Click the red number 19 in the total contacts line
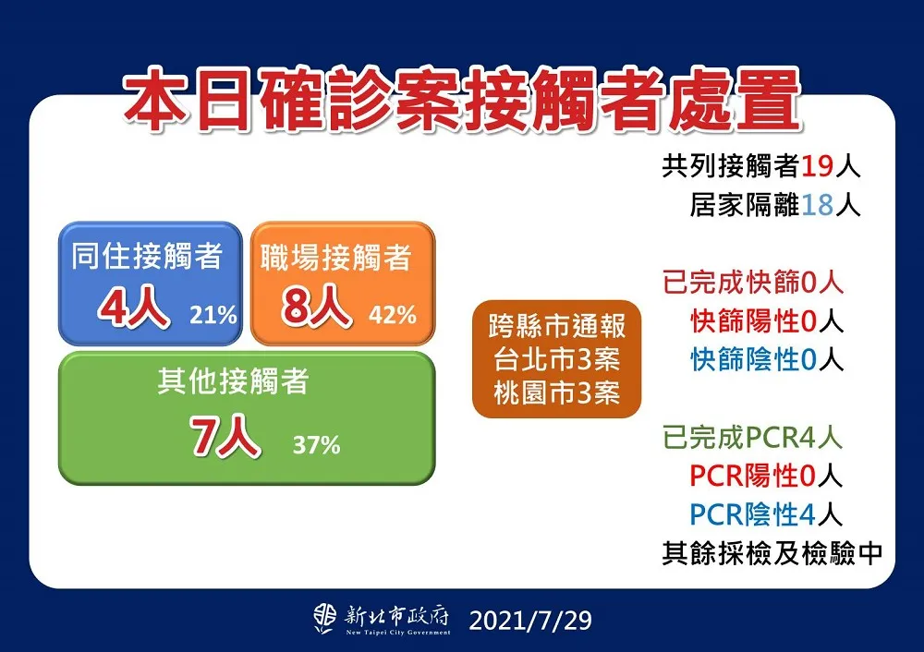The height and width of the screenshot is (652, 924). point(818,166)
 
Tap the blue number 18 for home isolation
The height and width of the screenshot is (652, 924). point(818,206)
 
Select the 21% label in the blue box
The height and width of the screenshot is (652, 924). point(213,315)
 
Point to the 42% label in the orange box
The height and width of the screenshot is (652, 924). point(393,315)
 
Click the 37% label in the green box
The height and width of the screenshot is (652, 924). point(316,445)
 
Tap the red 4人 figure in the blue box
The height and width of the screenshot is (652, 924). point(134,307)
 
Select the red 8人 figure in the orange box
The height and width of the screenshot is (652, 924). point(316,307)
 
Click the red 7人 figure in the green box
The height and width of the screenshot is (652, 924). point(225,436)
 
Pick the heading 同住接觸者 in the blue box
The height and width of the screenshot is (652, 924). point(147,256)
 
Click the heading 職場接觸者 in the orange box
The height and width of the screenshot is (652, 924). point(336,258)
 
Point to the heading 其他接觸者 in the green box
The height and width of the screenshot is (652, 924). point(234,381)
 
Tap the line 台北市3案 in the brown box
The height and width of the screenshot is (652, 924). point(557,358)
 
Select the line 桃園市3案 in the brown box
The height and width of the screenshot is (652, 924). point(557,392)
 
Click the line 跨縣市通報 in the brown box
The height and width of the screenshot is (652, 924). point(557,326)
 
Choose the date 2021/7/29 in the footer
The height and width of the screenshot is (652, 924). point(530,621)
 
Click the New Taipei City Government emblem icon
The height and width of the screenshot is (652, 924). point(325,619)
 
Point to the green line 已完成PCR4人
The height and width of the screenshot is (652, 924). point(752,438)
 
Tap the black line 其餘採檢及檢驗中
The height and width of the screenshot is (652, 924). point(772,553)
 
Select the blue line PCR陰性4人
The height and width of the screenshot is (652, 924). point(766,514)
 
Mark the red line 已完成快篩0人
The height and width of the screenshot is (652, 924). point(753,282)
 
